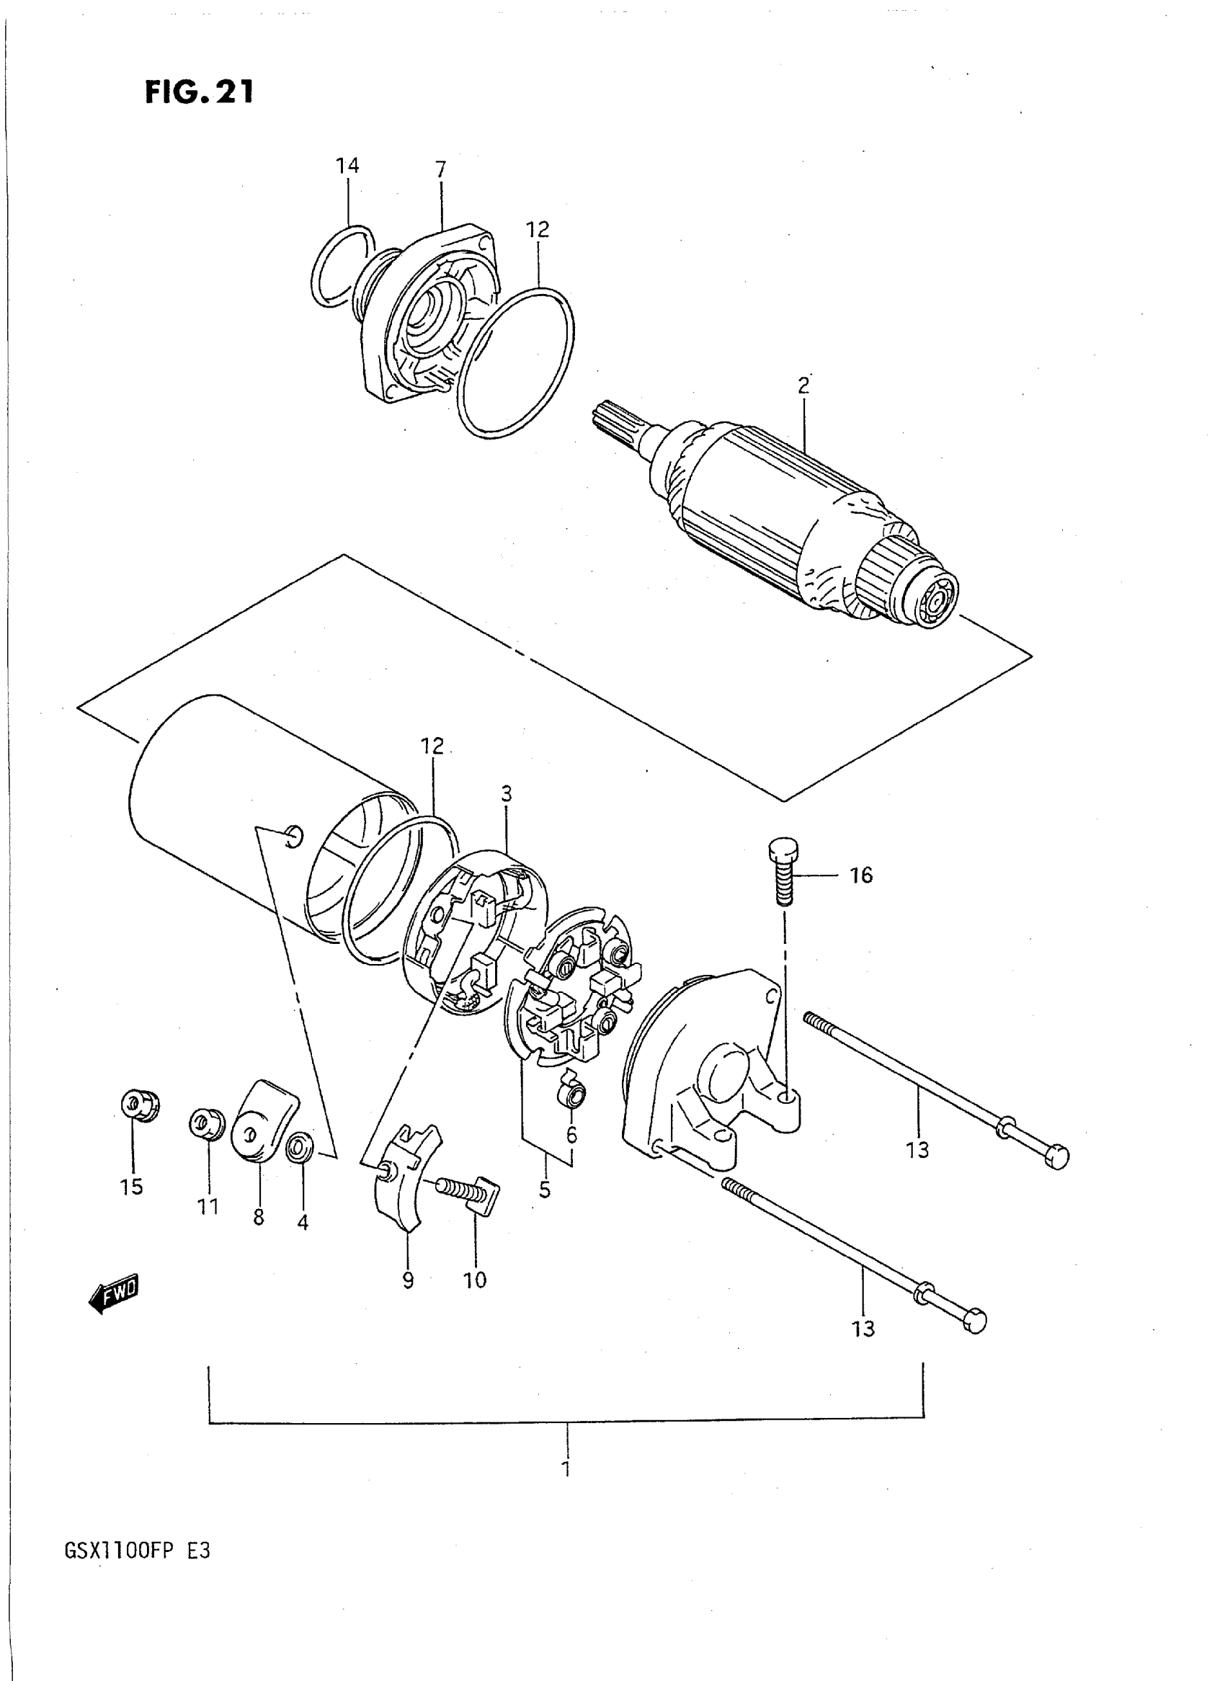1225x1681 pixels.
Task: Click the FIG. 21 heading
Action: tap(199, 92)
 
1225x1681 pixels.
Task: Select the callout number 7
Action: tap(440, 170)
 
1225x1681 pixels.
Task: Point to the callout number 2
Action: tap(802, 385)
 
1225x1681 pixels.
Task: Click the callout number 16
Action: tap(861, 875)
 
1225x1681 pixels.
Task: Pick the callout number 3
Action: tap(507, 794)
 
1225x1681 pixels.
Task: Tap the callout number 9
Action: tap(408, 1280)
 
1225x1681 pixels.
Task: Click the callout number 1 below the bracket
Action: tap(566, 1468)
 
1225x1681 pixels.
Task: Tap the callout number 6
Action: tap(571, 1135)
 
